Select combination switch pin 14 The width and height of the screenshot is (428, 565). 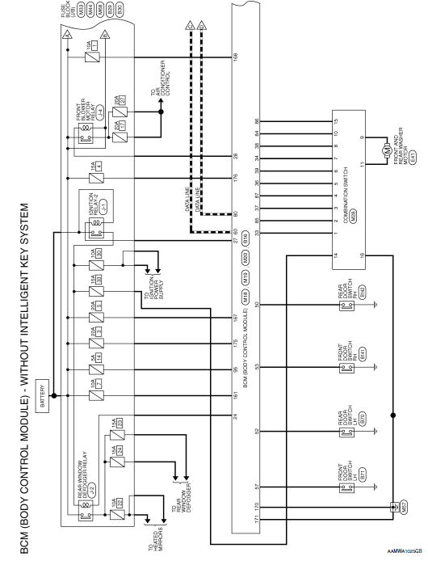pyautogui.click(x=334, y=256)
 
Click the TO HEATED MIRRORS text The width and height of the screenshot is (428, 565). pyautogui.click(x=153, y=535)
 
